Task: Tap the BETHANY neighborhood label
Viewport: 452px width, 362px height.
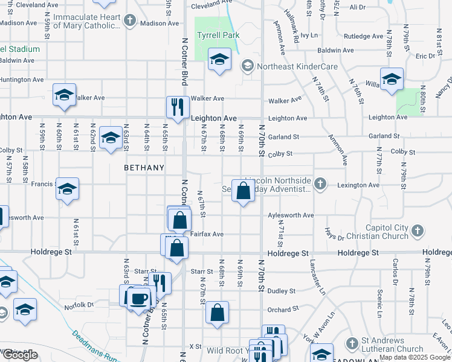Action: (x=144, y=168)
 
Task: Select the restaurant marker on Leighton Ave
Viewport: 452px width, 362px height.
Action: (x=178, y=107)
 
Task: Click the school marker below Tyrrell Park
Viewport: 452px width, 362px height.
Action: (x=219, y=59)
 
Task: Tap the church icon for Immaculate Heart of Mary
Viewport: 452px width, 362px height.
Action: (x=129, y=21)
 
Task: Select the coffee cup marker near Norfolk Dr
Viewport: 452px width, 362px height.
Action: (x=139, y=298)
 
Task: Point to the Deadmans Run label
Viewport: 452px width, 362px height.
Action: (x=94, y=346)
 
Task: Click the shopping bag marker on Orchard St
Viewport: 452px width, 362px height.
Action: (x=217, y=312)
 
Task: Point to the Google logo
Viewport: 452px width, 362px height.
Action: (x=21, y=354)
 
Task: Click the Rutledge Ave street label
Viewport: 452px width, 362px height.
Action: (x=363, y=36)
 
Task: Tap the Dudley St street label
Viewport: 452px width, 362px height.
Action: (x=283, y=291)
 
